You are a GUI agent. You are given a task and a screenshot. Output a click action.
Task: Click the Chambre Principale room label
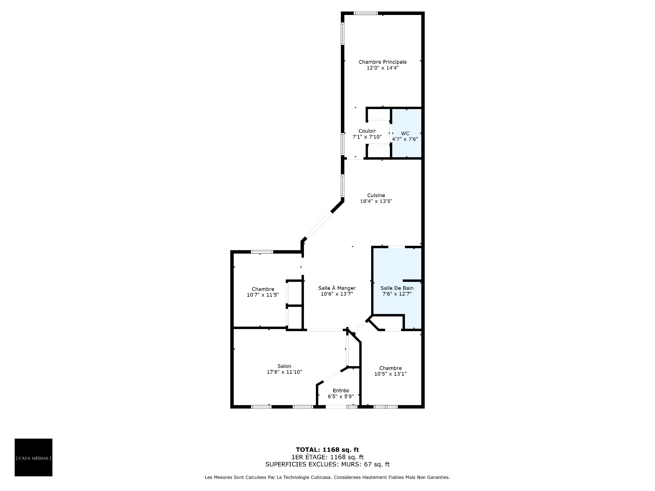[382, 62]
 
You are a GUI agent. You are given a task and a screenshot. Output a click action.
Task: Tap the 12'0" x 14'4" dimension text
[382, 68]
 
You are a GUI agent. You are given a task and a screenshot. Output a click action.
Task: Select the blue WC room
[406, 133]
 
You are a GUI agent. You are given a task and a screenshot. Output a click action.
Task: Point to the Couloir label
[367, 131]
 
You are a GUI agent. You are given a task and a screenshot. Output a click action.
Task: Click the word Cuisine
[376, 195]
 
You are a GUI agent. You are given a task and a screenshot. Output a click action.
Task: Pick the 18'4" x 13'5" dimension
[376, 201]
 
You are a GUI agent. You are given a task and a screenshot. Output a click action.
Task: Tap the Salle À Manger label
[337, 288]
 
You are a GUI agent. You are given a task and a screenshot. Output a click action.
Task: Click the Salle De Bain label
[397, 288]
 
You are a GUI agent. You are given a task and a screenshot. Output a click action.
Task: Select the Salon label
[284, 366]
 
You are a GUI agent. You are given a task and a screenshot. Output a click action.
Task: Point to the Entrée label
[341, 390]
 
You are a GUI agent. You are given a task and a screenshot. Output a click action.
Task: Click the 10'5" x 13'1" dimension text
[391, 374]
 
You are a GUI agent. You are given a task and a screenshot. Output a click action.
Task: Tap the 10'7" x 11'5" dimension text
[263, 295]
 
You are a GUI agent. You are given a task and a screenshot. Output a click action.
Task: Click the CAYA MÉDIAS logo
[33, 457]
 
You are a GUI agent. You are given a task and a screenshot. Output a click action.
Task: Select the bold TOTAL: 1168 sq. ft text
[327, 450]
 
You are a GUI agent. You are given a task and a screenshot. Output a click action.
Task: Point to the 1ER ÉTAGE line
[327, 457]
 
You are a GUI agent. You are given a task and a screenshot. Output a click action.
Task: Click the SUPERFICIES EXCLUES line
[327, 464]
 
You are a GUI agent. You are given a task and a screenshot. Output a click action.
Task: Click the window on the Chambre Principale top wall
[366, 13]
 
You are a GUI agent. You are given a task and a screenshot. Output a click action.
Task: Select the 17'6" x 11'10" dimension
[285, 372]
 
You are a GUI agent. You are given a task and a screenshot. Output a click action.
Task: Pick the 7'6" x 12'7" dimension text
[397, 294]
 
